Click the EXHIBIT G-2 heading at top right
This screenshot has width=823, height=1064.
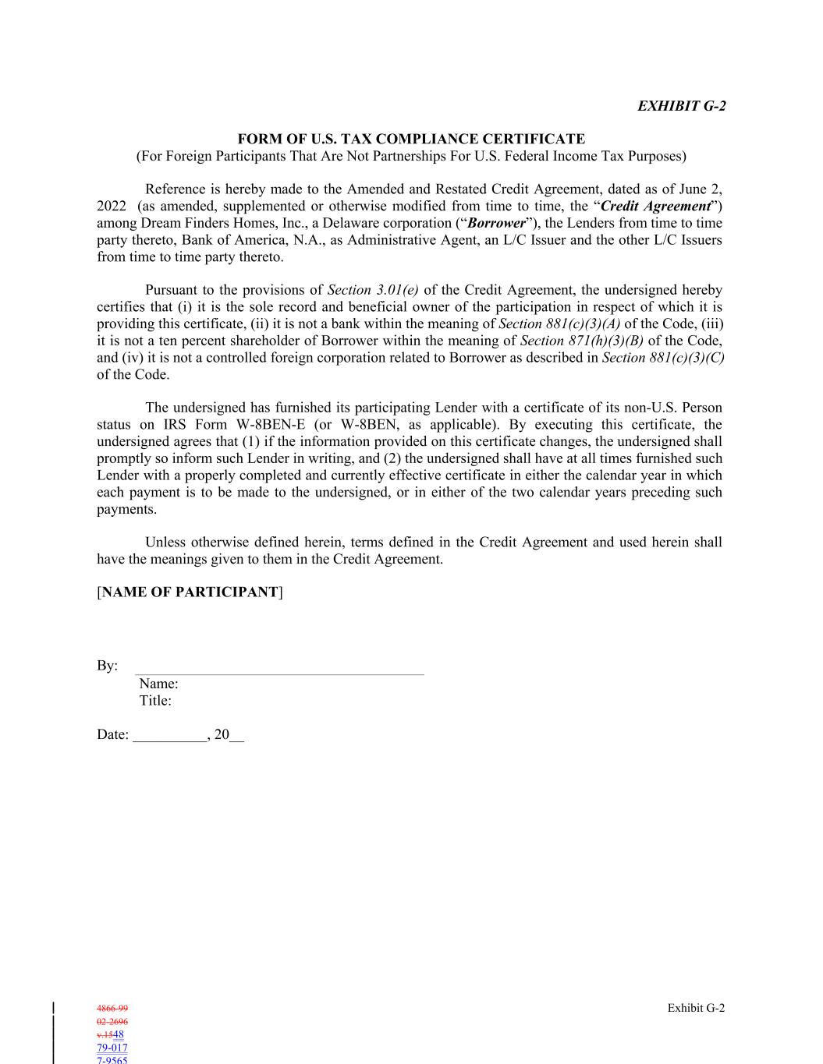(681, 106)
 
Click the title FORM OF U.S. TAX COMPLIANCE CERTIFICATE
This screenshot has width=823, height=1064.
(411, 139)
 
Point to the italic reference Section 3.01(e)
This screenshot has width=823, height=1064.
(373, 290)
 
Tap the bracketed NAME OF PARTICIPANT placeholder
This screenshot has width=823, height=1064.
(190, 592)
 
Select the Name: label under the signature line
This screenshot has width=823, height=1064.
(158, 684)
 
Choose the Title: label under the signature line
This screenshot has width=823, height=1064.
(155, 701)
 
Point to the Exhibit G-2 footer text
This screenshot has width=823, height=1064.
(696, 1008)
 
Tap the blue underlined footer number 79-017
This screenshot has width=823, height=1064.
(112, 1048)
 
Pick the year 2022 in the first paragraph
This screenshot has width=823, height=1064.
(112, 206)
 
